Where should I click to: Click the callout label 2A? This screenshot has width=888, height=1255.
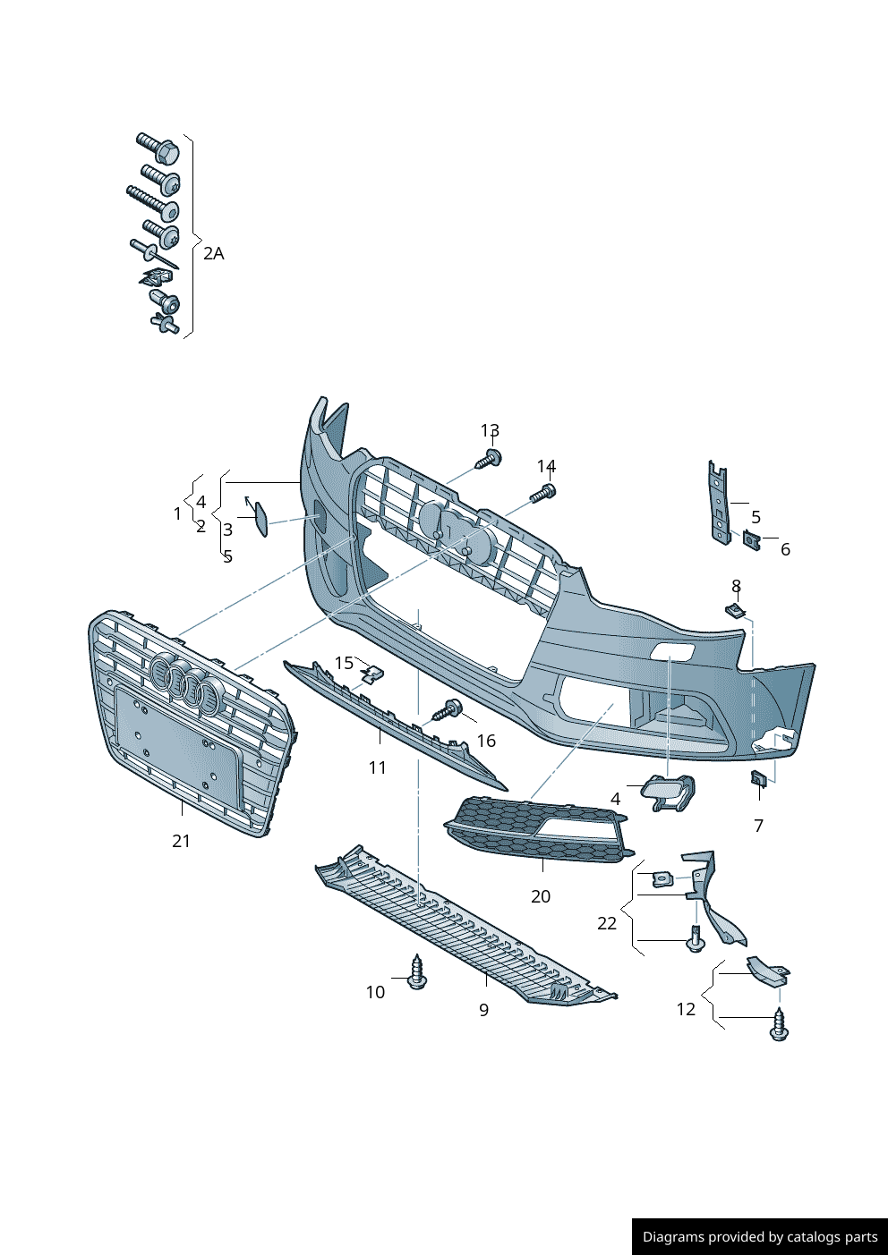(x=213, y=253)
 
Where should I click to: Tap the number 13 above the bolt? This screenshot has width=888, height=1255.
(x=490, y=431)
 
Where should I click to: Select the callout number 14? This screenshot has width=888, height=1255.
(x=546, y=466)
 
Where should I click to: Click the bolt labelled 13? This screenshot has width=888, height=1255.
(x=489, y=460)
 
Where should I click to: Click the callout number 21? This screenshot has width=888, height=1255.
(x=182, y=841)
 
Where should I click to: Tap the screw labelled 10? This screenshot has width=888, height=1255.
(x=416, y=972)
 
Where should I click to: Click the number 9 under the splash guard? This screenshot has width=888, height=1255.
(x=483, y=1010)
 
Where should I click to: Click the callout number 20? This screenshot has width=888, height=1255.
(x=541, y=896)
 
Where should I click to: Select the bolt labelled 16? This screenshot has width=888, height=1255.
(x=447, y=712)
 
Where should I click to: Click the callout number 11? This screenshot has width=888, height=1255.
(x=377, y=767)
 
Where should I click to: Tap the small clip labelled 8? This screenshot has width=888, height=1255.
(x=735, y=610)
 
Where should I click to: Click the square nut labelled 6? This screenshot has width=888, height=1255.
(x=750, y=539)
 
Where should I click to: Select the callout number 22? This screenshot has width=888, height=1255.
(x=607, y=923)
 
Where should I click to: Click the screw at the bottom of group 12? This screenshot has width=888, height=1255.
(x=780, y=1027)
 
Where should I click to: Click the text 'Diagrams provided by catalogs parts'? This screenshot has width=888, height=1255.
(x=760, y=1237)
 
